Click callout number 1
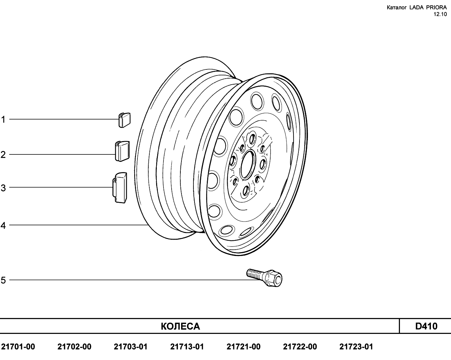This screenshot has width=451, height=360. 3,120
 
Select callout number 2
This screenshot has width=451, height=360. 3,155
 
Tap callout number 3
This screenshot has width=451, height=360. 3,188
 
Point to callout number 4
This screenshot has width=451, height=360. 3,226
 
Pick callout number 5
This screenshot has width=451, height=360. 3,280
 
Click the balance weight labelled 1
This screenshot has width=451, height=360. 124,120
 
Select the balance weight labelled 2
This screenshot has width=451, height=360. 122,151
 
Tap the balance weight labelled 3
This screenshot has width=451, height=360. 120,188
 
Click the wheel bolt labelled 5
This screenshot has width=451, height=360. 264,278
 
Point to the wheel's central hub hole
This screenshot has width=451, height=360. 248,165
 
